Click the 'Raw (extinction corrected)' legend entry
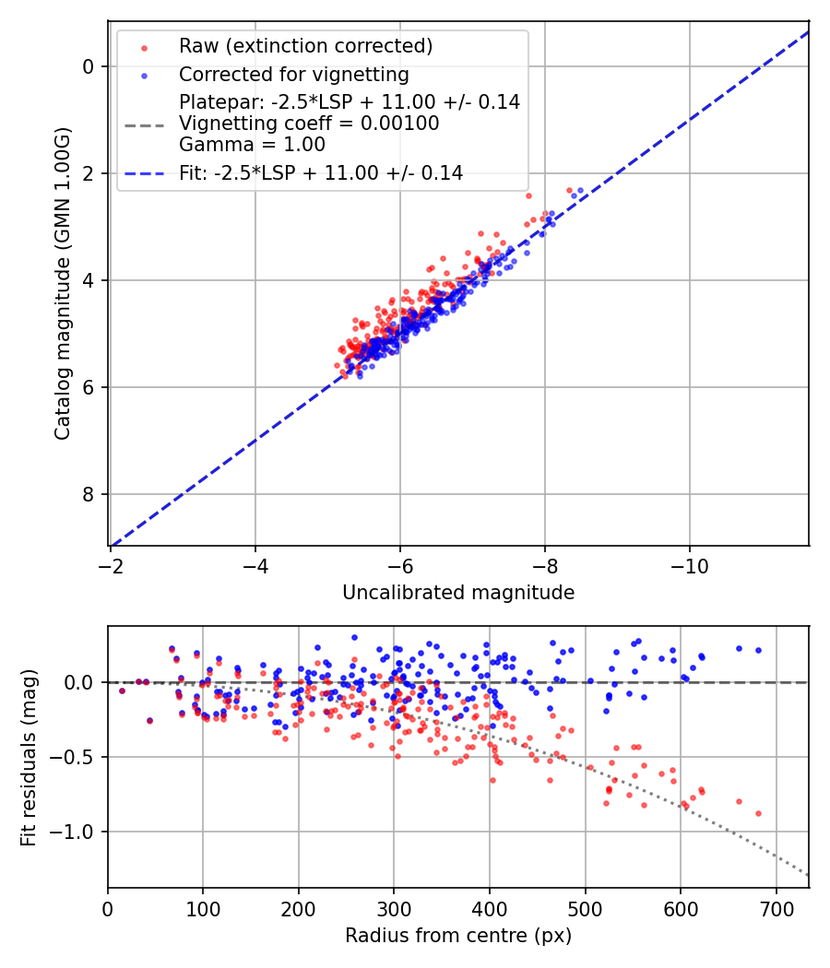click(305, 46)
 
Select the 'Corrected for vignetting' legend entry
click(293, 74)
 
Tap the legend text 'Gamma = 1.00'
click(252, 145)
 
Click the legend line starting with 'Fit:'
click(320, 172)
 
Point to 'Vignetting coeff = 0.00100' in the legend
click(309, 124)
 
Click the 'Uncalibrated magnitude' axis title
click(458, 593)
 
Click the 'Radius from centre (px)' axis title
click(458, 936)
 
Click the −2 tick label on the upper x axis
click(111, 567)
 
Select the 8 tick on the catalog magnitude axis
click(89, 494)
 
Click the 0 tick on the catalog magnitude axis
click(89, 66)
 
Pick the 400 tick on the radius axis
click(490, 910)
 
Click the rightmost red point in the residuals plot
click(758, 813)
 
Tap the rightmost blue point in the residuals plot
click(758, 650)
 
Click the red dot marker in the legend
click(143, 46)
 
